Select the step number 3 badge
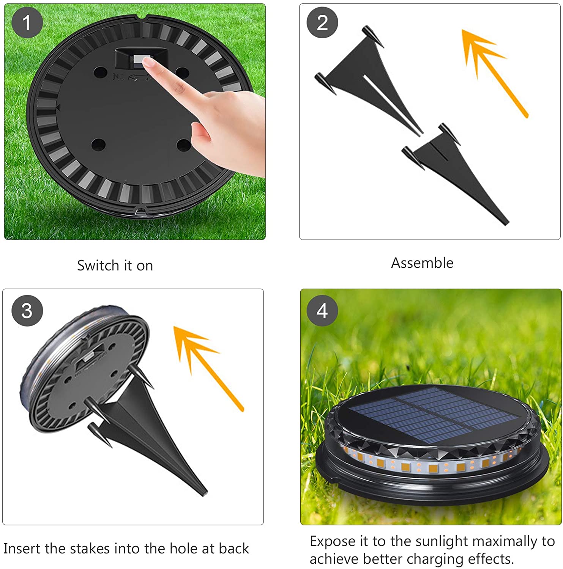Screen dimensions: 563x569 [x=27, y=310]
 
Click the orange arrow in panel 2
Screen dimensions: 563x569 [x=494, y=72]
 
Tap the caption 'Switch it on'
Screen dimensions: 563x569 [x=115, y=266]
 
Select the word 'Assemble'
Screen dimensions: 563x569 [x=422, y=263]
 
